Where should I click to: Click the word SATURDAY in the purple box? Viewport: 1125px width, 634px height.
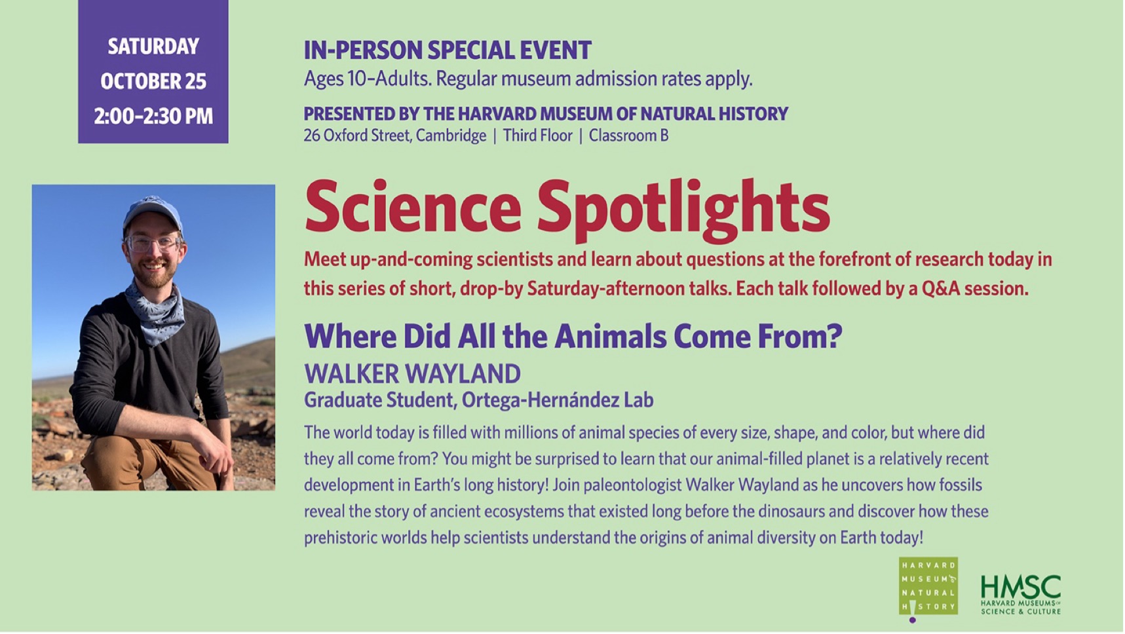[153, 47]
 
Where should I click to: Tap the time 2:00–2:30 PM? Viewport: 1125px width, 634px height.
[153, 116]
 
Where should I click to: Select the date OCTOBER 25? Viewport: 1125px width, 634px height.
[153, 81]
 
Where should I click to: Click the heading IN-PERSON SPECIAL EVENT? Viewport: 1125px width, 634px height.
[448, 50]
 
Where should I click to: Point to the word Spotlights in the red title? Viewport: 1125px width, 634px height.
[683, 208]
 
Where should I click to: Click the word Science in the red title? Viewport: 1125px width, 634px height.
[413, 207]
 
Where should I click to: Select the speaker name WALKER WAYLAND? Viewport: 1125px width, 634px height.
[412, 374]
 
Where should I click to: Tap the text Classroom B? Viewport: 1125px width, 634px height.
[628, 136]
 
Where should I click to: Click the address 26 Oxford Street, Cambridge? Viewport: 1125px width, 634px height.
[395, 136]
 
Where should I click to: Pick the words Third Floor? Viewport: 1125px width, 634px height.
[538, 136]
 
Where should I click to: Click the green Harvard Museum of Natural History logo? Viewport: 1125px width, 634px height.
[928, 588]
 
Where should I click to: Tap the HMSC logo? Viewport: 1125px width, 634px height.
[1021, 595]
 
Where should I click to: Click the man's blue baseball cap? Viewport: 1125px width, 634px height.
[152, 212]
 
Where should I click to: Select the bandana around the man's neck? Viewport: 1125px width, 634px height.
[155, 311]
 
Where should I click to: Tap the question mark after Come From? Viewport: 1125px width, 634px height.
[834, 337]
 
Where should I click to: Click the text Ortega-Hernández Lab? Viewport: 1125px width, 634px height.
[557, 400]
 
